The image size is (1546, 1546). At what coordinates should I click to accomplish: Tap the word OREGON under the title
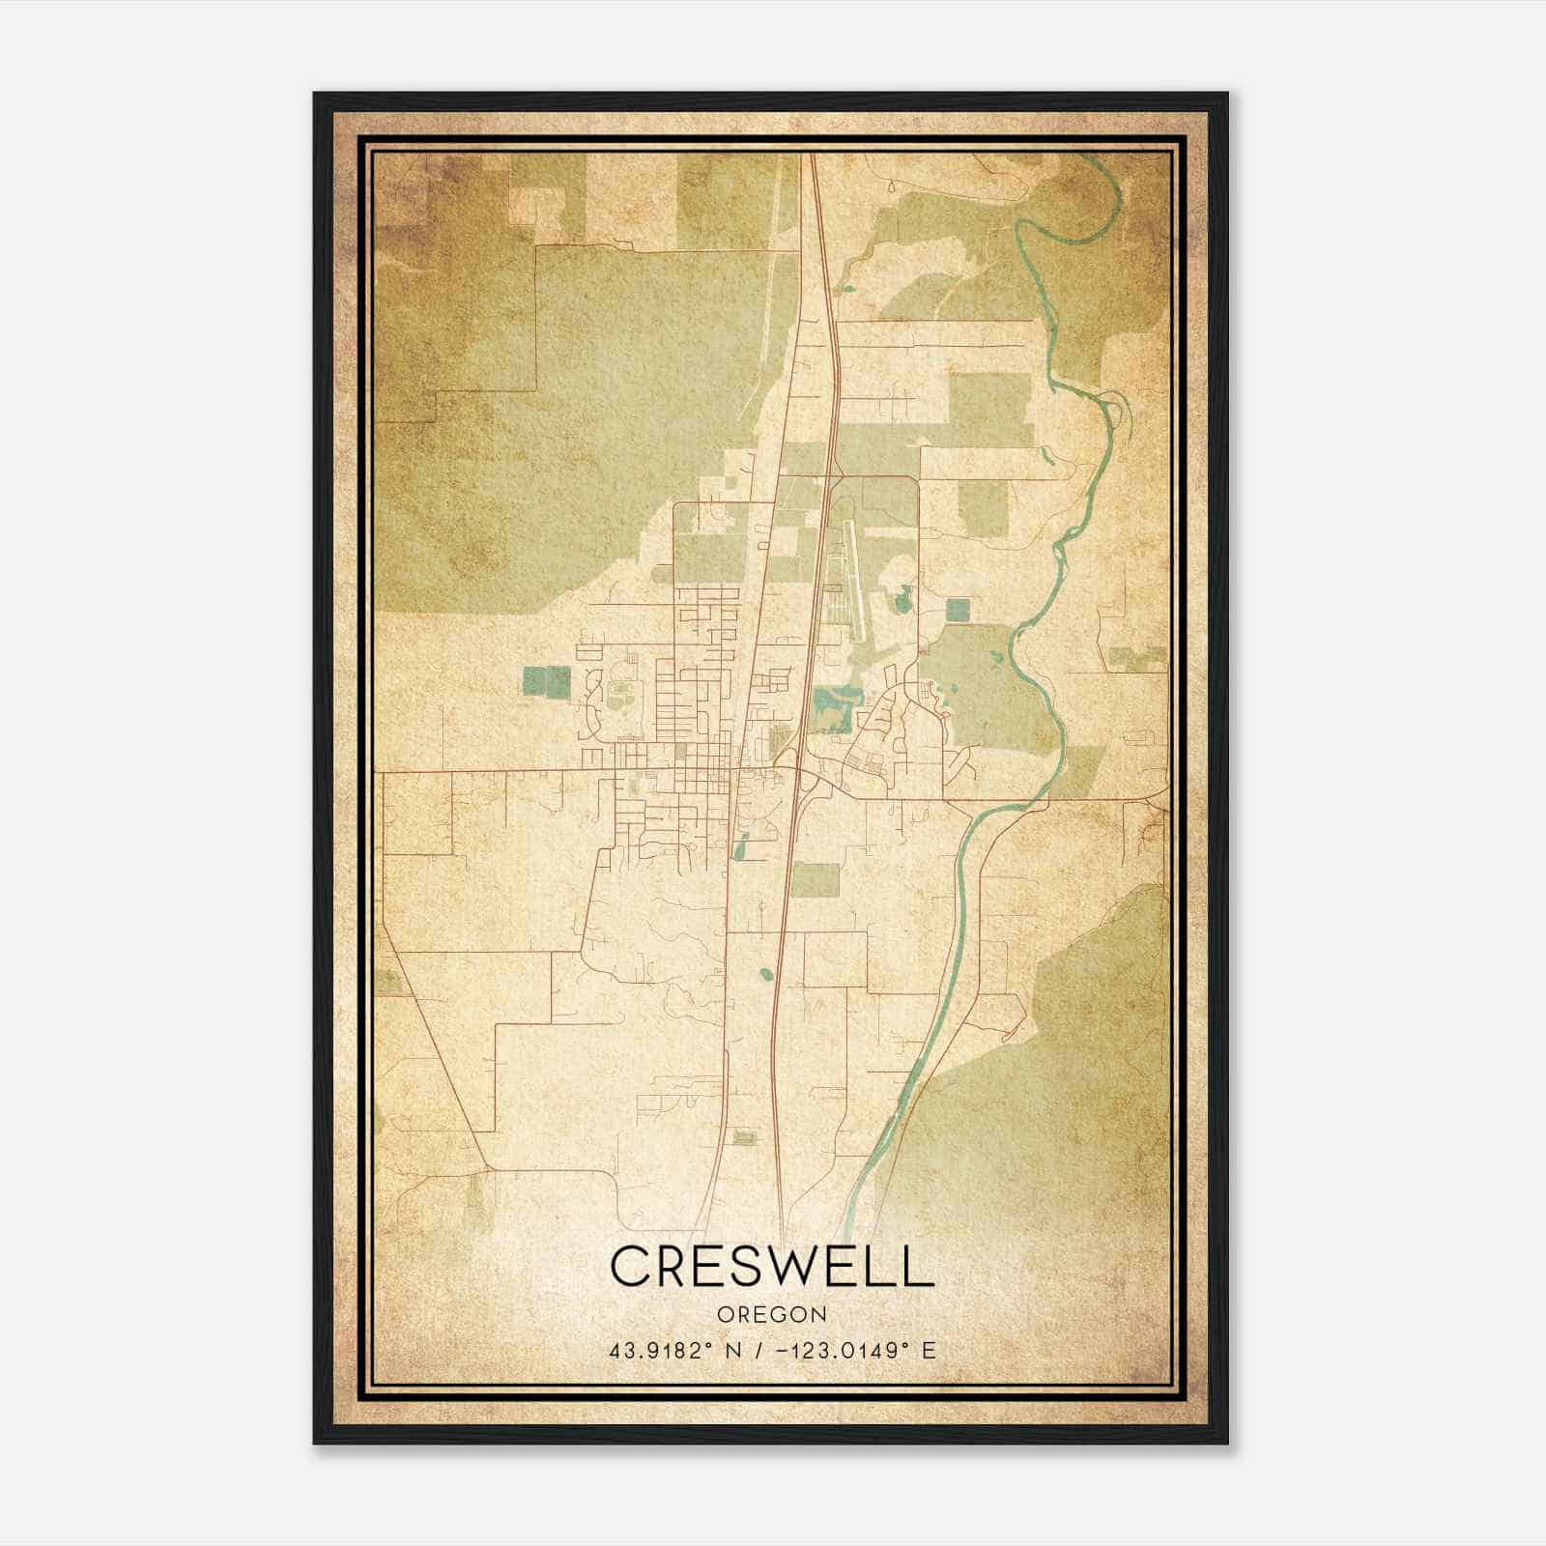click(772, 1315)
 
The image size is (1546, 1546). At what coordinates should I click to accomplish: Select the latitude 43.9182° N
click(673, 1351)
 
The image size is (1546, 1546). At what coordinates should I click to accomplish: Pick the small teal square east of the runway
click(958, 610)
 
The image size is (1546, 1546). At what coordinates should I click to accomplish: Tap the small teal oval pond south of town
click(767, 976)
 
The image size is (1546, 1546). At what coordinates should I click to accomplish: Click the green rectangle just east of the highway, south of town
click(815, 878)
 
